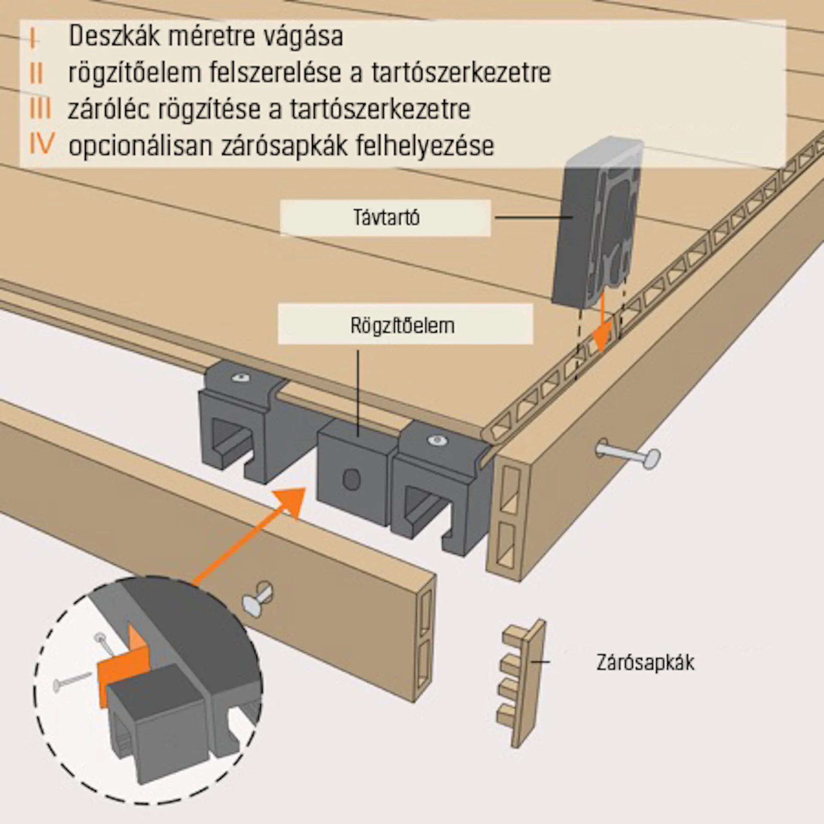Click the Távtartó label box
click(385, 218)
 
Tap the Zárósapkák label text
click(645, 663)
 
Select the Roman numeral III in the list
click(40, 108)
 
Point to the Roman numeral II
click(37, 73)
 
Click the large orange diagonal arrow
click(253, 532)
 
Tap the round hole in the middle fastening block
click(351, 479)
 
